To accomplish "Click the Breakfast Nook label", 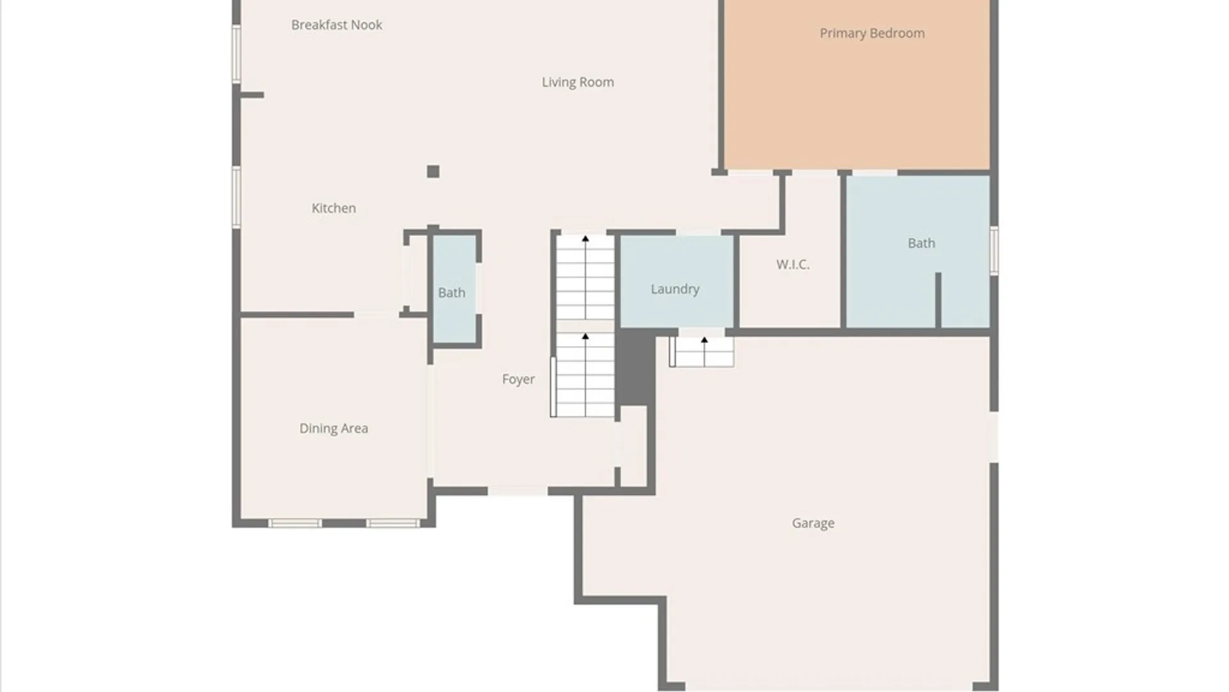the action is pos(337,25).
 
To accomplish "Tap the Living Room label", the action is pos(577,82).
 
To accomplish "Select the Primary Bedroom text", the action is pos(872,33).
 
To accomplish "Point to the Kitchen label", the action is pos(333,208).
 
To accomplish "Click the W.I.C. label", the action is pos(792,264).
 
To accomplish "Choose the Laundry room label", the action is pos(675,289).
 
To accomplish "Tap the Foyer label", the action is pos(518,379).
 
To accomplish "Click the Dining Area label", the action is pos(333,428).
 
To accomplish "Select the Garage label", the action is pos(813,523).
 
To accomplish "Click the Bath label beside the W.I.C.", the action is pos(921,243).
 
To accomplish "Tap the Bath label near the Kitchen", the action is pos(451,292).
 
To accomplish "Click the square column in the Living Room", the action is pos(433,171).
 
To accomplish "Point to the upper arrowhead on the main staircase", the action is pos(585,239).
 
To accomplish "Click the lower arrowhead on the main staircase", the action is pos(585,336).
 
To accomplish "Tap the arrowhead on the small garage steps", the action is pos(704,340).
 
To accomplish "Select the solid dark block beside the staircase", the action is pos(635,367).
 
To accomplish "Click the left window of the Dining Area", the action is pos(295,523).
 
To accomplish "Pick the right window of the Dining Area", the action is pos(393,523).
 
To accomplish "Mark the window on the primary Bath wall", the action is pos(994,251).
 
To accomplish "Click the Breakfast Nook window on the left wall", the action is pos(236,53).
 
